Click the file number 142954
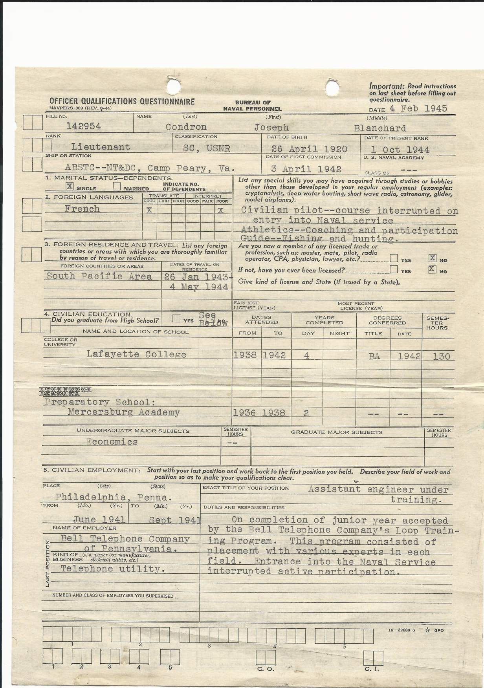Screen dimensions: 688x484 click(x=83, y=126)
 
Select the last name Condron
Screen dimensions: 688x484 click(x=186, y=127)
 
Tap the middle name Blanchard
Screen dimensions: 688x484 click(x=380, y=128)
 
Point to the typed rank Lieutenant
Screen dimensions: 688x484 click(x=101, y=147)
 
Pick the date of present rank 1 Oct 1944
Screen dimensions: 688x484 click(x=400, y=150)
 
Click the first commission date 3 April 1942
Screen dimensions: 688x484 click(x=306, y=169)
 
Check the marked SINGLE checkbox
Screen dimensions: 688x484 click(x=70, y=187)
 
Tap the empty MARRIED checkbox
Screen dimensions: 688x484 click(x=116, y=187)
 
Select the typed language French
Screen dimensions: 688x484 click(x=82, y=209)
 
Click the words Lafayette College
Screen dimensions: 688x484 click(x=136, y=354)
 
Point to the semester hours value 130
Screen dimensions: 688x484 click(x=438, y=357)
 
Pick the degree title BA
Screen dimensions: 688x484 click(x=374, y=357)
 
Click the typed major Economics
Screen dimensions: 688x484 click(x=112, y=442)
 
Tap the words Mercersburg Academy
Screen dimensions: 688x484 click(x=124, y=412)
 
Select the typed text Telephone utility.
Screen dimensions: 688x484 click(x=112, y=569)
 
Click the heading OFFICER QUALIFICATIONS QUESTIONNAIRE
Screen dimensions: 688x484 click(x=122, y=102)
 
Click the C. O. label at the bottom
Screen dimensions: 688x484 click(x=266, y=669)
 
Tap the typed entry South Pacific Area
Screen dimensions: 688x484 click(x=99, y=276)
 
